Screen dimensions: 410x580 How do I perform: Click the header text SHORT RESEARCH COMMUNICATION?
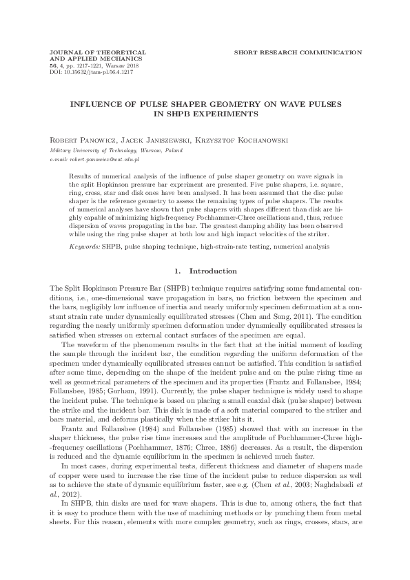click(298, 52)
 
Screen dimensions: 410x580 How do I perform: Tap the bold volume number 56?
click(46, 65)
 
